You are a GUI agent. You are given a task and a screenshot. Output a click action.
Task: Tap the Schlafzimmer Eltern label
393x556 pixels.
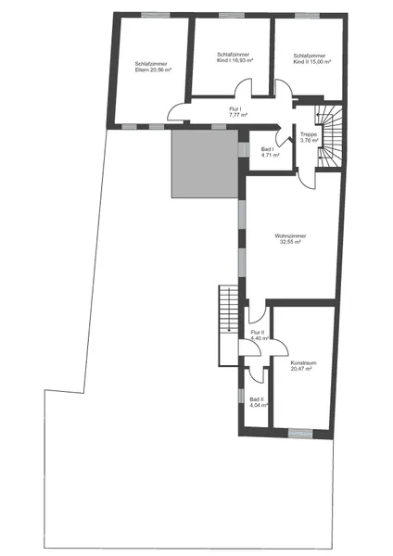click(x=153, y=67)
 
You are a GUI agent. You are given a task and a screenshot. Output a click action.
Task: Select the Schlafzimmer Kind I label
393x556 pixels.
click(x=235, y=57)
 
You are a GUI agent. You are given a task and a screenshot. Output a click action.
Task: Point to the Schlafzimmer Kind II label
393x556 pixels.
click(x=311, y=59)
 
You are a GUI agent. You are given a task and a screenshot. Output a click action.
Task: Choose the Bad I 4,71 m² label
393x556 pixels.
click(x=270, y=152)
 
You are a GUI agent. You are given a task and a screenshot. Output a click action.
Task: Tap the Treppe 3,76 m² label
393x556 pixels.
click(x=309, y=137)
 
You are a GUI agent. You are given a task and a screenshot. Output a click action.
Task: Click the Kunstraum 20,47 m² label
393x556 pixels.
click(x=301, y=366)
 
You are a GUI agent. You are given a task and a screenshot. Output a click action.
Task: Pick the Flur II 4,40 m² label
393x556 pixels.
click(x=260, y=335)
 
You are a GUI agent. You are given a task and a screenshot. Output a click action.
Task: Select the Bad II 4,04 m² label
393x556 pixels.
click(x=259, y=402)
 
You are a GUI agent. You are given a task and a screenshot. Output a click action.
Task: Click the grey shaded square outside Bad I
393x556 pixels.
click(x=205, y=163)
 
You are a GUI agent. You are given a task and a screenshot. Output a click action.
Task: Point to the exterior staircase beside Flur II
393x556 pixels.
click(x=228, y=325)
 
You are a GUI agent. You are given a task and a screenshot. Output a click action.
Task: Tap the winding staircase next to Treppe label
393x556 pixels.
click(x=329, y=136)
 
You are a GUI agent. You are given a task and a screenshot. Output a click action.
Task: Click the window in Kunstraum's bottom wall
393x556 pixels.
click(x=300, y=434)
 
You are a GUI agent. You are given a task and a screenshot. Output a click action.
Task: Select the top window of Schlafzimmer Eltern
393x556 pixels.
click(x=156, y=15)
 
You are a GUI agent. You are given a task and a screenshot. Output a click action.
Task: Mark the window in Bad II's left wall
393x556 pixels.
click(x=241, y=396)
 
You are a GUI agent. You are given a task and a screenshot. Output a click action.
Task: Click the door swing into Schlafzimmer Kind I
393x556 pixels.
click(x=243, y=87)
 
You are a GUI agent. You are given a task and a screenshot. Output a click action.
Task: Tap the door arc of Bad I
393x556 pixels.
click(x=283, y=134)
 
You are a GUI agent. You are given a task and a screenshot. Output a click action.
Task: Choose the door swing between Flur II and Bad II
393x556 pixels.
click(x=257, y=374)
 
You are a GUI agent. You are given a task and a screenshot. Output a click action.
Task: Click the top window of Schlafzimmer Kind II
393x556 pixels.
click(x=307, y=16)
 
